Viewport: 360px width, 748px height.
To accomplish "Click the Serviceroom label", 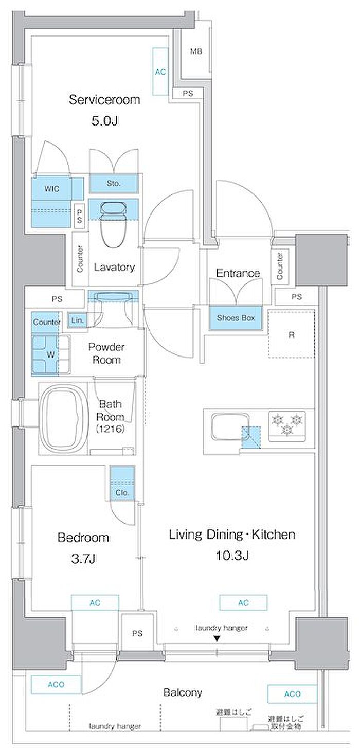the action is tap(104, 99).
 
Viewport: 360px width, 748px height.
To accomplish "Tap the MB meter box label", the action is tap(196, 51).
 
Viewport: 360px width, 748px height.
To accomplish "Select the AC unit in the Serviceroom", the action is tap(160, 72).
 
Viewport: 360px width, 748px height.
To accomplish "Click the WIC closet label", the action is tap(52, 189).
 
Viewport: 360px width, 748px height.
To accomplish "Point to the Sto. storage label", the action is tap(114, 183).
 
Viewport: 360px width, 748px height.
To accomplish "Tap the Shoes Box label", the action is tap(236, 318).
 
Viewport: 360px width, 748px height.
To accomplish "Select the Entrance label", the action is tap(238, 273).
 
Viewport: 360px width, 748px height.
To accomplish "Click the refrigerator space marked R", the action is tap(292, 334).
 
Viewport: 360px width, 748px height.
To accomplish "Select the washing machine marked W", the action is tap(51, 354).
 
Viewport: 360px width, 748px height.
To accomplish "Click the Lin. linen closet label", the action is tap(77, 320).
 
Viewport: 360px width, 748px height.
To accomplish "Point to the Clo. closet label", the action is tap(122, 492).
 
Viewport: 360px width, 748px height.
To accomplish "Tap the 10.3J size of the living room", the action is tap(232, 555).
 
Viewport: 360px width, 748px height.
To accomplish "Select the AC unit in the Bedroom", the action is tap(95, 603).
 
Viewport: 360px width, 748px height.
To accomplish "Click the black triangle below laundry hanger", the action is tap(217, 638).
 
